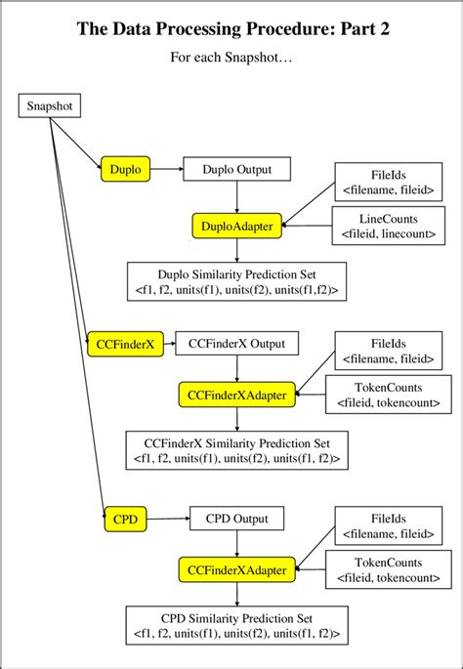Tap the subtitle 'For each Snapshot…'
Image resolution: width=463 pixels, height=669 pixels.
click(231, 59)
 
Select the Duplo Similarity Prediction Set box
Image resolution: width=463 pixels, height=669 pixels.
click(237, 280)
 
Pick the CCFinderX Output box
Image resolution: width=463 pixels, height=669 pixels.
click(236, 344)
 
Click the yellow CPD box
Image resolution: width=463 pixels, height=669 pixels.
click(125, 519)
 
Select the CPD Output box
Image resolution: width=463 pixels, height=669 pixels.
click(236, 519)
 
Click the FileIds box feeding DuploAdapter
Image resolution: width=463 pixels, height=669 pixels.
click(389, 180)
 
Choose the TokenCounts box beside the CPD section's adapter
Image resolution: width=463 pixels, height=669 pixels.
click(389, 569)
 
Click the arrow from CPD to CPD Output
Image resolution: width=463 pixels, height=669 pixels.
click(162, 519)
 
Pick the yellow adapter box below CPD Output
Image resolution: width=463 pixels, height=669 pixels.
click(237, 569)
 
